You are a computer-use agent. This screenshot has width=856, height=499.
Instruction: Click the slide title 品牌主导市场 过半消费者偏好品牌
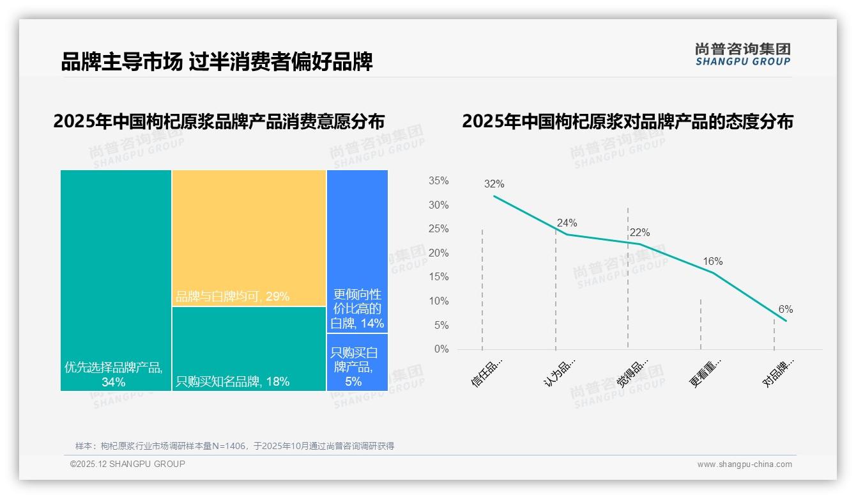point(217,62)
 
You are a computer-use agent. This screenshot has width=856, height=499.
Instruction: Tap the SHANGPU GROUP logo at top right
point(742,54)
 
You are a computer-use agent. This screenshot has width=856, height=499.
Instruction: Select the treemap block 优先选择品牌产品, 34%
point(116,280)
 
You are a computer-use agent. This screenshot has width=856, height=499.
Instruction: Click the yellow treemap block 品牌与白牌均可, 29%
point(249,238)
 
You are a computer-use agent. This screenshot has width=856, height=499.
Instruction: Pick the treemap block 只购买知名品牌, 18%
point(249,349)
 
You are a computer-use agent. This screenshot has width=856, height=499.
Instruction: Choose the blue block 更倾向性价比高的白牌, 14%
point(357,251)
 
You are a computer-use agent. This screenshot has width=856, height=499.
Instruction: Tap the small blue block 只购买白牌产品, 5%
point(357,362)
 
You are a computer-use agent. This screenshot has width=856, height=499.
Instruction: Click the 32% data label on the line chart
point(494,184)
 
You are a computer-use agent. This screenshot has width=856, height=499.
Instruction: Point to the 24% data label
point(567,223)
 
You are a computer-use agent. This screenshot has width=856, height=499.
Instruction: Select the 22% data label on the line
point(639,233)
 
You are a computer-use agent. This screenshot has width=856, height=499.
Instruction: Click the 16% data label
point(712,261)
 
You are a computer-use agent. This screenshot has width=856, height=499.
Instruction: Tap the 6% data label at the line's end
point(785,309)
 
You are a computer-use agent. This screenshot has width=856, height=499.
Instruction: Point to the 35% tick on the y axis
point(438,181)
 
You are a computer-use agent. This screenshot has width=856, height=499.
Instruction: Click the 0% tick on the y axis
point(441,349)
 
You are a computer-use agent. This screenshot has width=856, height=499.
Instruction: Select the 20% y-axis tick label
point(438,253)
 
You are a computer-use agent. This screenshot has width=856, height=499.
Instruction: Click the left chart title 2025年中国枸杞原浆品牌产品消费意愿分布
point(219,122)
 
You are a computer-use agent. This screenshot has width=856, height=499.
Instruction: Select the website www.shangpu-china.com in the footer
point(744,464)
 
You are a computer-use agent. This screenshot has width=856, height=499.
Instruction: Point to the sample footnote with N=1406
point(234,446)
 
